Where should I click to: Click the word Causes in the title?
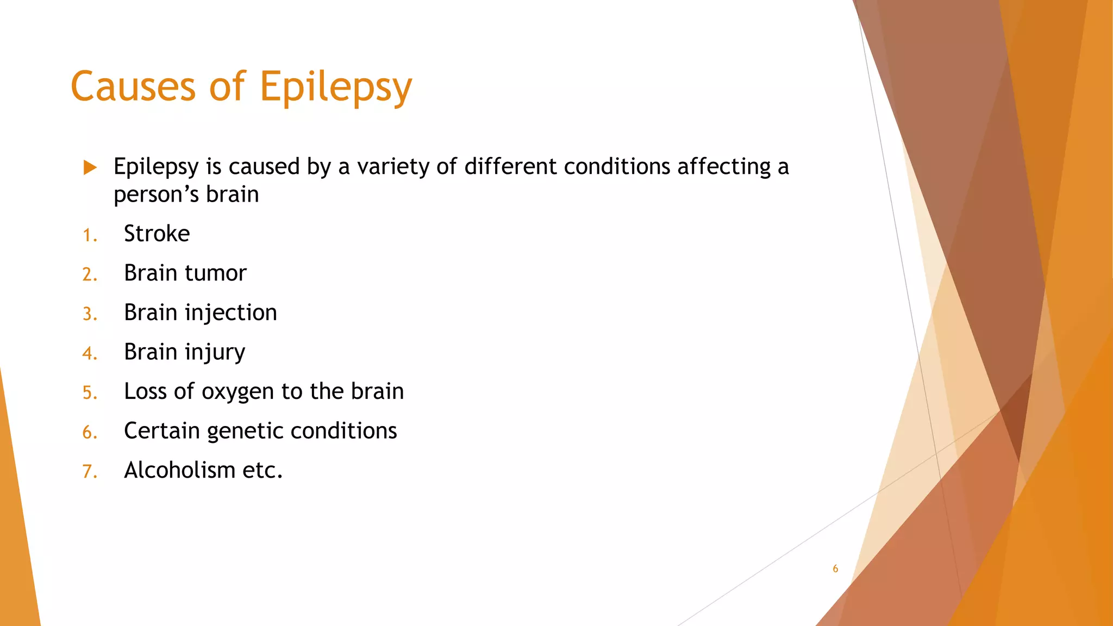(133, 87)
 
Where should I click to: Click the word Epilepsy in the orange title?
(335, 87)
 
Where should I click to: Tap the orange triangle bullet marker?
(90, 167)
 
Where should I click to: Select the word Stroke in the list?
(157, 234)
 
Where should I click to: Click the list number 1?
(89, 236)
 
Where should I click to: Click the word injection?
(230, 313)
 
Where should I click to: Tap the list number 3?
(89, 315)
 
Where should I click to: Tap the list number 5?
(89, 393)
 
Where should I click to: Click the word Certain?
(162, 431)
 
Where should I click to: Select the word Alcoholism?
(179, 470)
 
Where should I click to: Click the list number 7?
(89, 472)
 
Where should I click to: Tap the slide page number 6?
(835, 569)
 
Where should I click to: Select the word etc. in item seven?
(262, 471)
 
